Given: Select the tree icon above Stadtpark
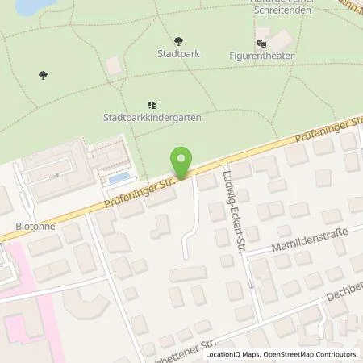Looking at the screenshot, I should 178,40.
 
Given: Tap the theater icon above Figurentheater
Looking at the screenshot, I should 261,43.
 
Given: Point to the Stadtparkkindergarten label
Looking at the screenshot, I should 152,116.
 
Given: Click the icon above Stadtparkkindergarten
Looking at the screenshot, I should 152,103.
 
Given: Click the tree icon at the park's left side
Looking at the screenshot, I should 43,76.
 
